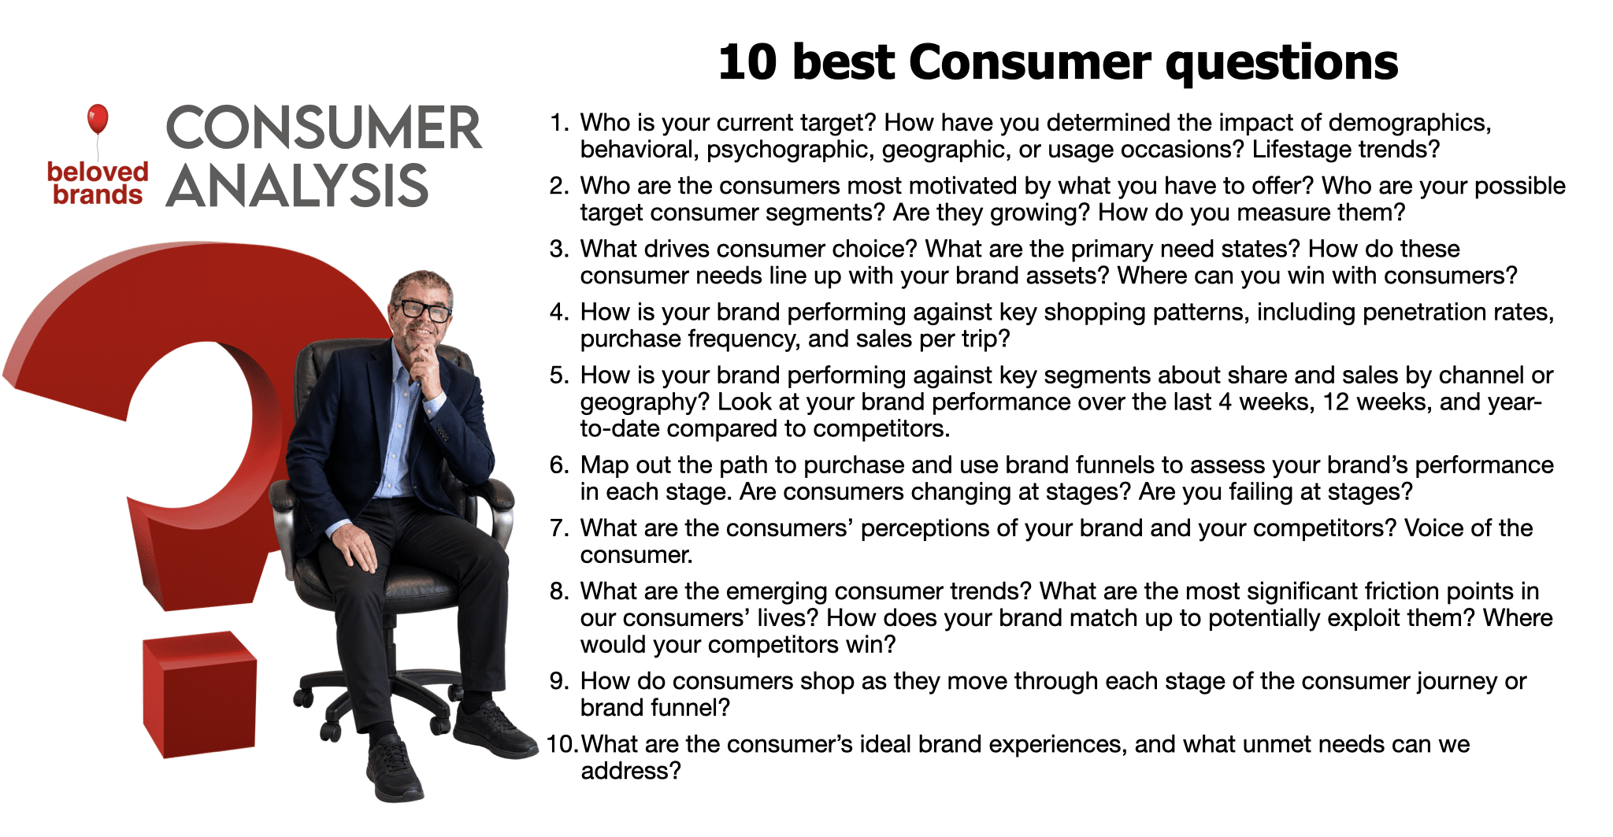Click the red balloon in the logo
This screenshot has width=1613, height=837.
98,119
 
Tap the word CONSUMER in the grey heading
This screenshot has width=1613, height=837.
323,128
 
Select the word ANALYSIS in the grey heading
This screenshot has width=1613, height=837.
297,187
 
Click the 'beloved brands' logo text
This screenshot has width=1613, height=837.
98,183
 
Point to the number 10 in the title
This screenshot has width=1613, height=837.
747,62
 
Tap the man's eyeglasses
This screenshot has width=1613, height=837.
422,309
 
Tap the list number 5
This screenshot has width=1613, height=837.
558,375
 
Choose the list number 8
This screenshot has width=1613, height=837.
558,591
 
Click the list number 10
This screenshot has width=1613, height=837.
562,744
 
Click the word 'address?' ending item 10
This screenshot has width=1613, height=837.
630,771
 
